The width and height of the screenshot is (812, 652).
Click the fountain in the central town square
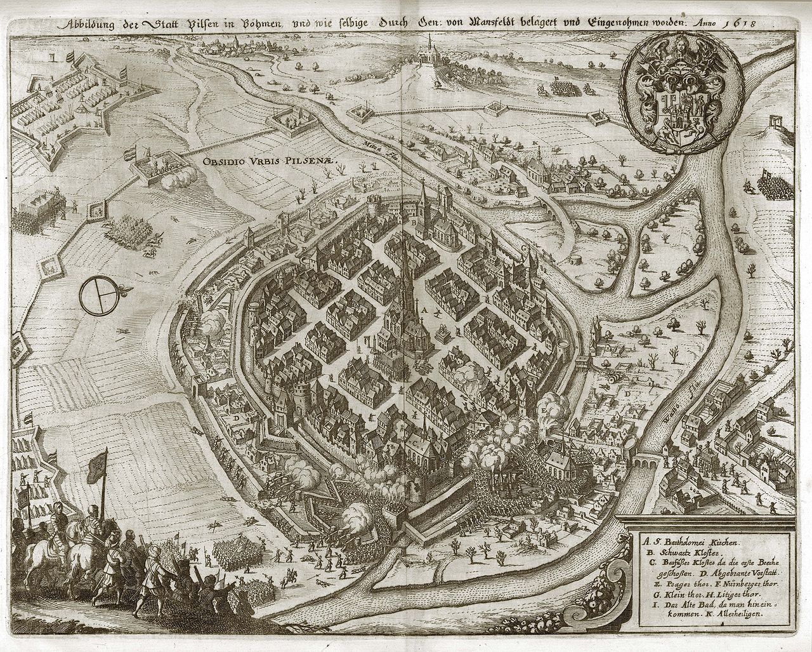442,332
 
